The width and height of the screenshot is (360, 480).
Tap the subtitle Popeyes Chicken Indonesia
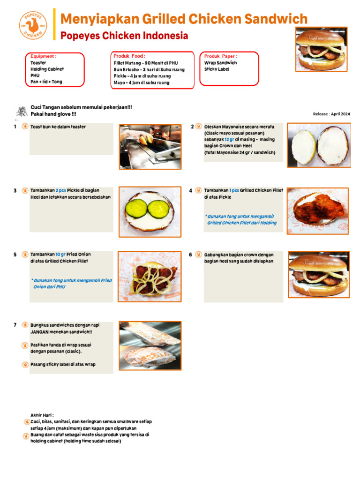[124, 36]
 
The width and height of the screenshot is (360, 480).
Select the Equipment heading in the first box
[43, 56]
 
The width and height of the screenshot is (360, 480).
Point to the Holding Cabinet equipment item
[47, 69]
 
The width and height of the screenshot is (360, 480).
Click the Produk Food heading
[129, 56]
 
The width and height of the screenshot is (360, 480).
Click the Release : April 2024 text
[331, 114]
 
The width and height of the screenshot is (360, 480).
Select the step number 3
[15, 191]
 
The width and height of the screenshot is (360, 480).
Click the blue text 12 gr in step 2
[229, 140]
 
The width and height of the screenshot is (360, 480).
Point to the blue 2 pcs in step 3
[61, 191]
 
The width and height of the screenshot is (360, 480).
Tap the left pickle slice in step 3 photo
[136, 207]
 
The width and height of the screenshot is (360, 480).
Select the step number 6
[190, 255]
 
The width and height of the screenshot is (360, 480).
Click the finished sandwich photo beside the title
[321, 49]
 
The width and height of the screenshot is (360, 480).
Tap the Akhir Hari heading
[42, 415]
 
